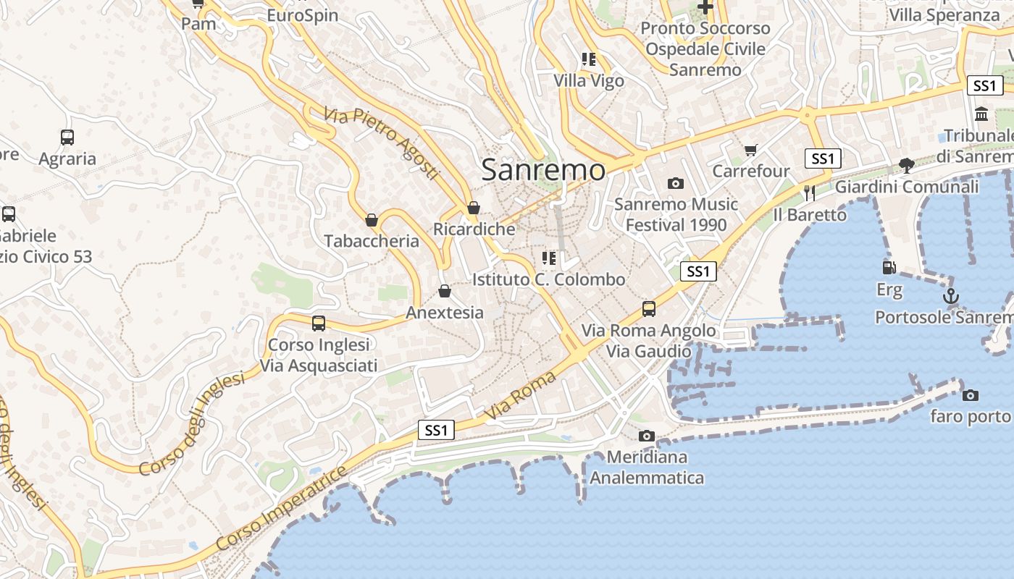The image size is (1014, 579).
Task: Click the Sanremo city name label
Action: (543, 169)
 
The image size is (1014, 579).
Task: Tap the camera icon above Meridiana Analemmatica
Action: (647, 436)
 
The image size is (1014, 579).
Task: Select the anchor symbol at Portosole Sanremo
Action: (950, 296)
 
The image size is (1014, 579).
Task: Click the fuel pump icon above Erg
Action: (889, 268)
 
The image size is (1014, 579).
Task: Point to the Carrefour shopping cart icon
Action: (750, 150)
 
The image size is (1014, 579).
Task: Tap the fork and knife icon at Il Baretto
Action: (810, 193)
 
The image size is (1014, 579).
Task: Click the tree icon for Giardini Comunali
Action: (906, 165)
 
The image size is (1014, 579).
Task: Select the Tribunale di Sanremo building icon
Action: (982, 114)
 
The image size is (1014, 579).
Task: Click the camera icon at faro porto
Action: (970, 395)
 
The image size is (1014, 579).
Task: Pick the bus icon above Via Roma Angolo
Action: (649, 309)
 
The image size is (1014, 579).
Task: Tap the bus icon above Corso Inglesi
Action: (319, 324)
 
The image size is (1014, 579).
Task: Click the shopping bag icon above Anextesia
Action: (445, 291)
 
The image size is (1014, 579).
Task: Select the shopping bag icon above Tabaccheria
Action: (372, 219)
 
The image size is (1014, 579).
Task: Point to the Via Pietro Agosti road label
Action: (382, 143)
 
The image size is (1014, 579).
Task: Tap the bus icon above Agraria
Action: (67, 137)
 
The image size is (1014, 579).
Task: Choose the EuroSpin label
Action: (302, 15)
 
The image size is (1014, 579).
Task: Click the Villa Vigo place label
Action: (589, 80)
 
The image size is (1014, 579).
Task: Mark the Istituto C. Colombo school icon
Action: (549, 258)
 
